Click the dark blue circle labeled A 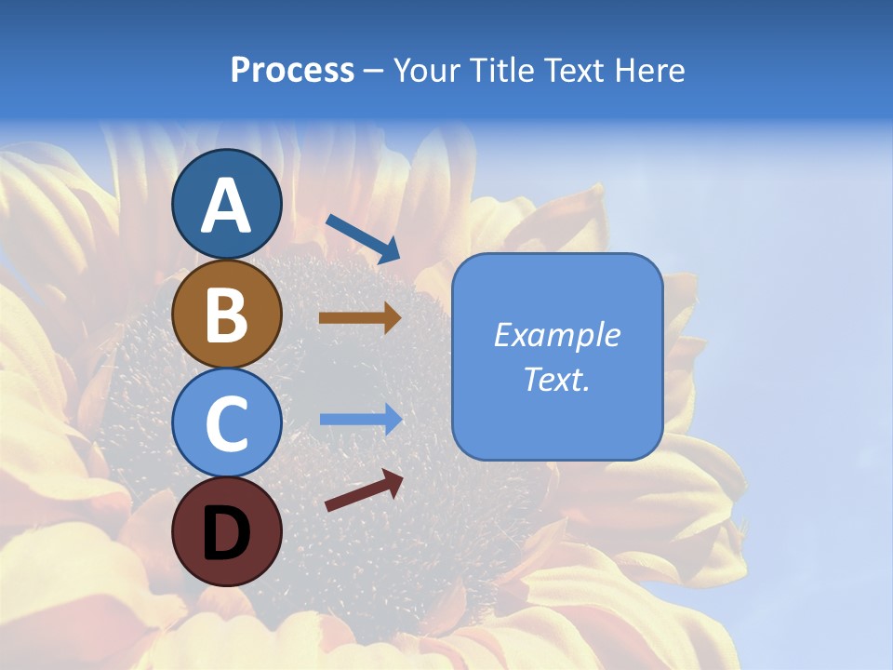pos(226,204)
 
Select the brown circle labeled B pos(226,314)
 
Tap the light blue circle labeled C pos(226,422)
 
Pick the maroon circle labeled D pos(226,531)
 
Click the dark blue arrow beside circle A pos(363,238)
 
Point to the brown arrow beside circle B pos(360,317)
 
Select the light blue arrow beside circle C pos(361,419)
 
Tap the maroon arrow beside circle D pos(364,490)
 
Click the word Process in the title pos(292,71)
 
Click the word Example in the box pos(557,335)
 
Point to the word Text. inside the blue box pos(557,379)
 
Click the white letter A pos(226,206)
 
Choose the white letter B pos(226,315)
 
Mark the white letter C pos(226,423)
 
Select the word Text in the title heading pos(572,71)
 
